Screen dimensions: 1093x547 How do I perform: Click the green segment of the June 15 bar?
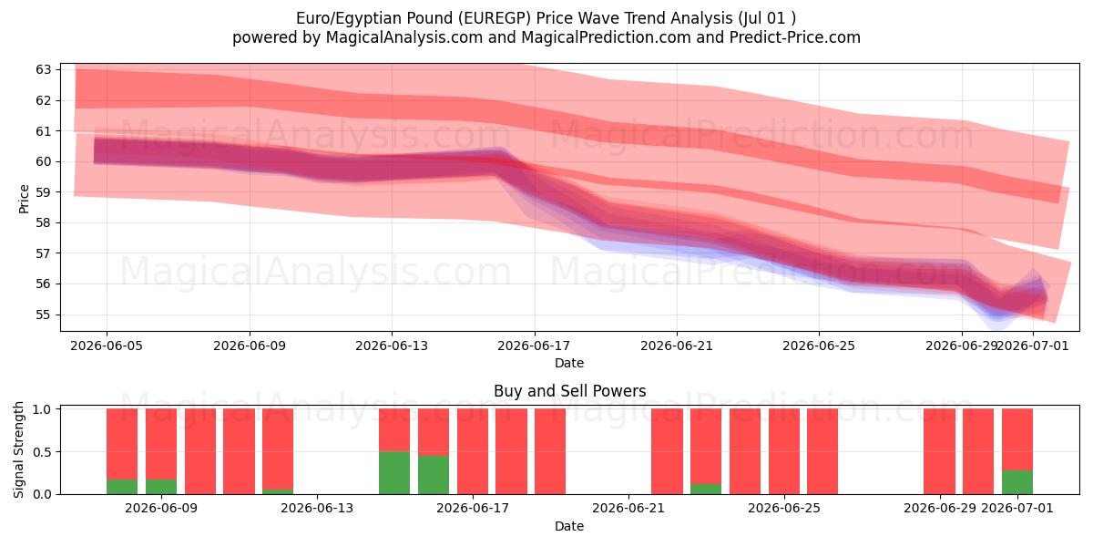click(394, 473)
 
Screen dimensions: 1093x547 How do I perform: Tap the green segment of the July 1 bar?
click(1017, 482)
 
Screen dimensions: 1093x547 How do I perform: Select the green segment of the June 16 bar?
click(434, 475)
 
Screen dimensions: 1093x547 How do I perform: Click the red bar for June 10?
click(200, 451)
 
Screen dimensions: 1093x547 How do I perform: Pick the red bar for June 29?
click(939, 451)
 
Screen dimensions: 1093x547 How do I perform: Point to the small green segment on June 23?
click(706, 489)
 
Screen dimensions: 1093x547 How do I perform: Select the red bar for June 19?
click(550, 451)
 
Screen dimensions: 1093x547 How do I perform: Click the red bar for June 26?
click(822, 451)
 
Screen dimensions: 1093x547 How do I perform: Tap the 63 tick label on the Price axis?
click(43, 70)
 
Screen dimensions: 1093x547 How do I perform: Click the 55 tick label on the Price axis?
click(43, 315)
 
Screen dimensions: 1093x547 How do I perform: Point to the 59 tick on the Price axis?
click(43, 192)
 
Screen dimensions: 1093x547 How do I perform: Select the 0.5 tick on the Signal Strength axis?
click(42, 452)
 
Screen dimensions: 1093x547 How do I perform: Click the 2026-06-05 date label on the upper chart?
click(107, 346)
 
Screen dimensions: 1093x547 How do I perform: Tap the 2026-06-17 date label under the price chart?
click(534, 346)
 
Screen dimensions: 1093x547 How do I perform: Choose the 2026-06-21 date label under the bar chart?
click(628, 508)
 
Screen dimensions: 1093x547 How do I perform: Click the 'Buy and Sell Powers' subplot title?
click(569, 391)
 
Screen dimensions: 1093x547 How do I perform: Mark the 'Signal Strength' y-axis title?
click(18, 449)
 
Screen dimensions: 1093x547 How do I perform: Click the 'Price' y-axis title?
click(24, 199)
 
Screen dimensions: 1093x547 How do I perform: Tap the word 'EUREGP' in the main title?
click(495, 18)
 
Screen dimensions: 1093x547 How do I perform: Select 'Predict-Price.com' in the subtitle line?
click(795, 37)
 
